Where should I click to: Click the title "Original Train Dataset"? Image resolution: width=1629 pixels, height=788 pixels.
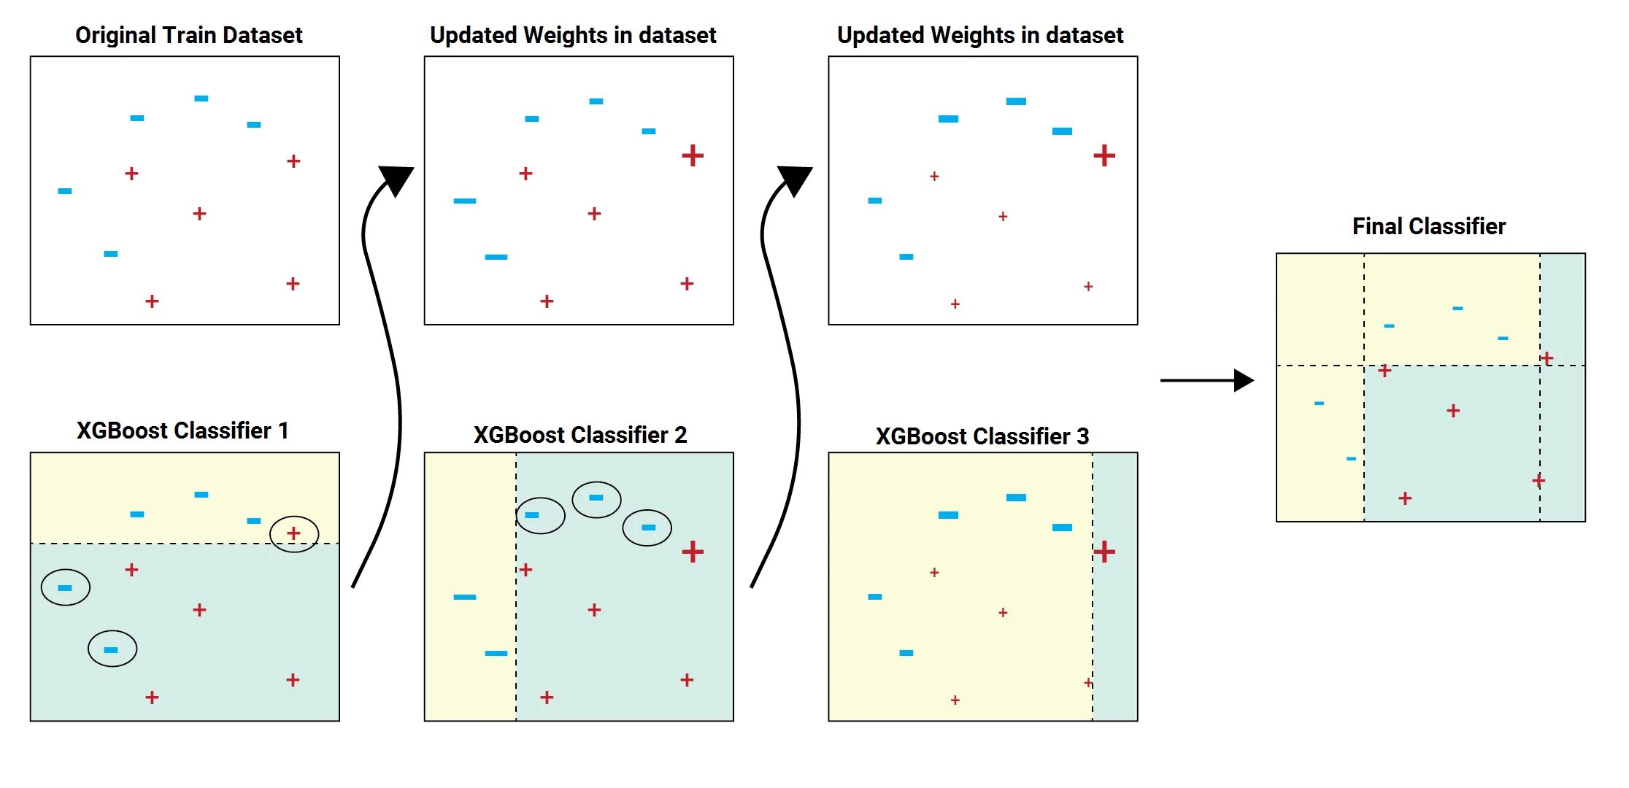(188, 35)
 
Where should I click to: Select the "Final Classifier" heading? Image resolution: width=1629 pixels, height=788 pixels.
(1428, 226)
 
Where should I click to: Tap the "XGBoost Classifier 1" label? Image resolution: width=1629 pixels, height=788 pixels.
(182, 430)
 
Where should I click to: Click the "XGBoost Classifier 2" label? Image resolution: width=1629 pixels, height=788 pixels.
(580, 435)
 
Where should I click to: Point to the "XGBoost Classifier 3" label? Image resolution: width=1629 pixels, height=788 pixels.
(982, 436)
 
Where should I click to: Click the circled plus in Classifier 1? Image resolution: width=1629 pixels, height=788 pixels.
(293, 533)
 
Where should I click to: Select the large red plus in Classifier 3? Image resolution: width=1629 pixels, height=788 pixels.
(1104, 552)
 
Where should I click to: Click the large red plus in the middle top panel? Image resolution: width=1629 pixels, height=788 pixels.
(693, 155)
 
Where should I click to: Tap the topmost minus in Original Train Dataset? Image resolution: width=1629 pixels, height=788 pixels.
(201, 98)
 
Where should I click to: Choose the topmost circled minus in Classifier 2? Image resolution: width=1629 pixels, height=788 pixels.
(596, 498)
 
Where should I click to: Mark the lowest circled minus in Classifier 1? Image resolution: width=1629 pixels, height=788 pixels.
(111, 649)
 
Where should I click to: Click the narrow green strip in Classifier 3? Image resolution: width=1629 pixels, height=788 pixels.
(1115, 642)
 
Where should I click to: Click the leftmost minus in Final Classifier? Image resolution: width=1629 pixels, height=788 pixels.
(1319, 403)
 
